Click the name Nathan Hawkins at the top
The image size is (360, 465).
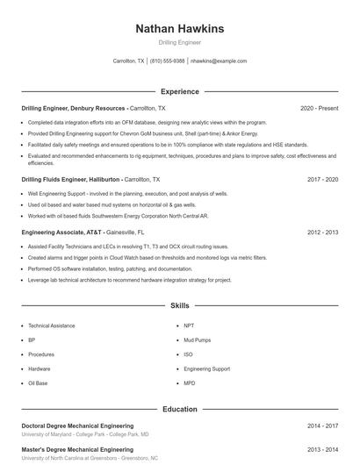point(179,29)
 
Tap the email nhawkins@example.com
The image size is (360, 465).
point(219,61)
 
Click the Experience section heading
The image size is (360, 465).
point(179,91)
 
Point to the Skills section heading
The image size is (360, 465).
point(179,306)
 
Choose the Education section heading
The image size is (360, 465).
point(179,409)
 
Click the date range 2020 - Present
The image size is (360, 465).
point(319,108)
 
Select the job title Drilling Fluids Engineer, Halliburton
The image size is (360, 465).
point(68,178)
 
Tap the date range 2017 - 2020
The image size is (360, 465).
point(322,178)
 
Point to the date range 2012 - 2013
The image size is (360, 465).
point(322,232)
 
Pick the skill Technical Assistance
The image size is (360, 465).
point(51,325)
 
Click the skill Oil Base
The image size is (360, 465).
point(38,383)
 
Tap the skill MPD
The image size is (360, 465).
point(190,383)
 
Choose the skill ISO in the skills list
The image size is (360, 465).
point(188,354)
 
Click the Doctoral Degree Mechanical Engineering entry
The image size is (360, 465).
point(77,426)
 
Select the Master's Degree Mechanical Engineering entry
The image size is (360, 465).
point(77,449)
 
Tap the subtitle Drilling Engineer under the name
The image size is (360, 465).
point(179,42)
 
